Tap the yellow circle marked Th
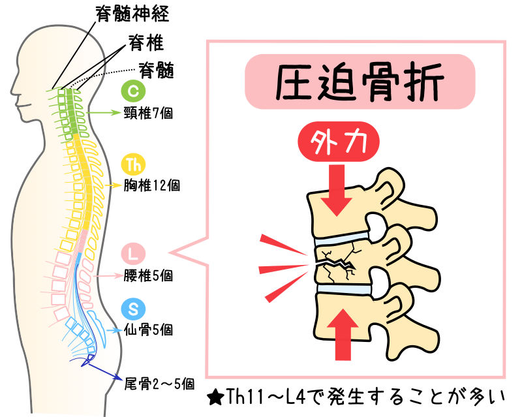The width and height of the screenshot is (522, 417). [x=132, y=164]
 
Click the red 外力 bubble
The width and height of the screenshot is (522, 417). [x=339, y=144]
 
